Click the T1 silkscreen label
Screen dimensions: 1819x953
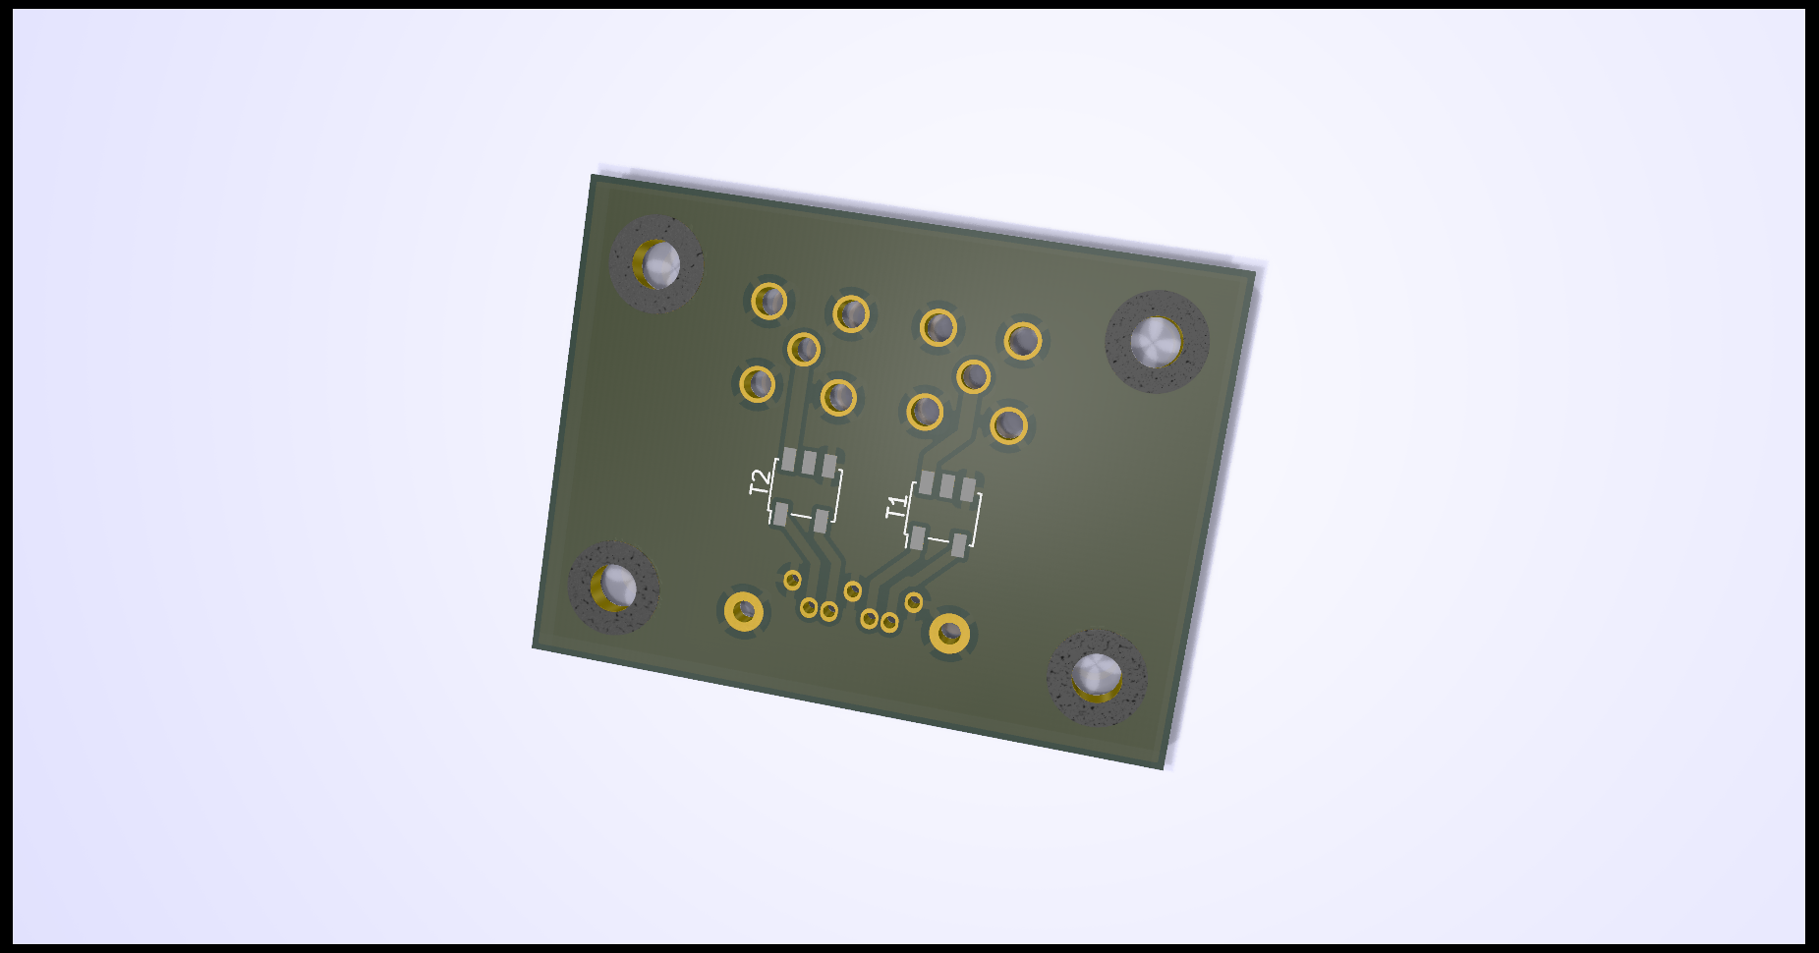[x=897, y=507]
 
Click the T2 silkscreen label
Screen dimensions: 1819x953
[x=761, y=482]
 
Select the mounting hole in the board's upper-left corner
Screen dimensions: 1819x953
[x=656, y=263]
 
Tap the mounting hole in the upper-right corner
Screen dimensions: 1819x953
[x=1157, y=342]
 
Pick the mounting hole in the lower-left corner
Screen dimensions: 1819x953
[x=614, y=588]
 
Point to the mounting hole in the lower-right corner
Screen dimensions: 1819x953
[x=1097, y=678]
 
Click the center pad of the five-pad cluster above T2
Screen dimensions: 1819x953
[x=804, y=348]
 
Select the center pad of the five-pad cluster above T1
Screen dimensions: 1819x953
[x=973, y=376]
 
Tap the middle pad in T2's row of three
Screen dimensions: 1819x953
[x=810, y=462]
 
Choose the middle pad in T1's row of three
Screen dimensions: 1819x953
[x=947, y=485]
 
